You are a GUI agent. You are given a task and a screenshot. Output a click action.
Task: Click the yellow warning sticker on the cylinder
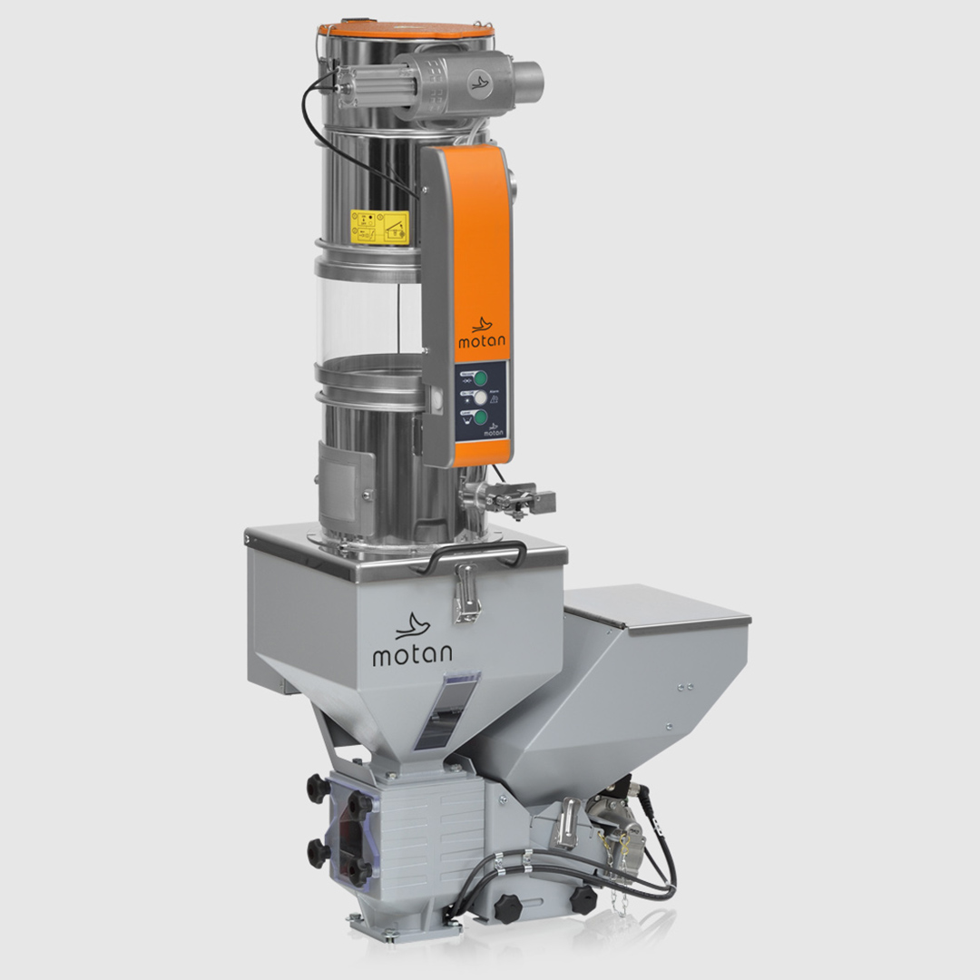coord(380,227)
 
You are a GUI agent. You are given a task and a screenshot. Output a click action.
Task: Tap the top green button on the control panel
coord(480,377)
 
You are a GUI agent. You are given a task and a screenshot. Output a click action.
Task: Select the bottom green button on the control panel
coord(480,417)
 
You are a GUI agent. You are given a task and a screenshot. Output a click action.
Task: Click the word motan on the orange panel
coord(483,342)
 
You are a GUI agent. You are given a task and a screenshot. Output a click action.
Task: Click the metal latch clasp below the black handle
coord(466,592)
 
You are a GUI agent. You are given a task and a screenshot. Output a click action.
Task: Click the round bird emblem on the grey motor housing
coord(479,83)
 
